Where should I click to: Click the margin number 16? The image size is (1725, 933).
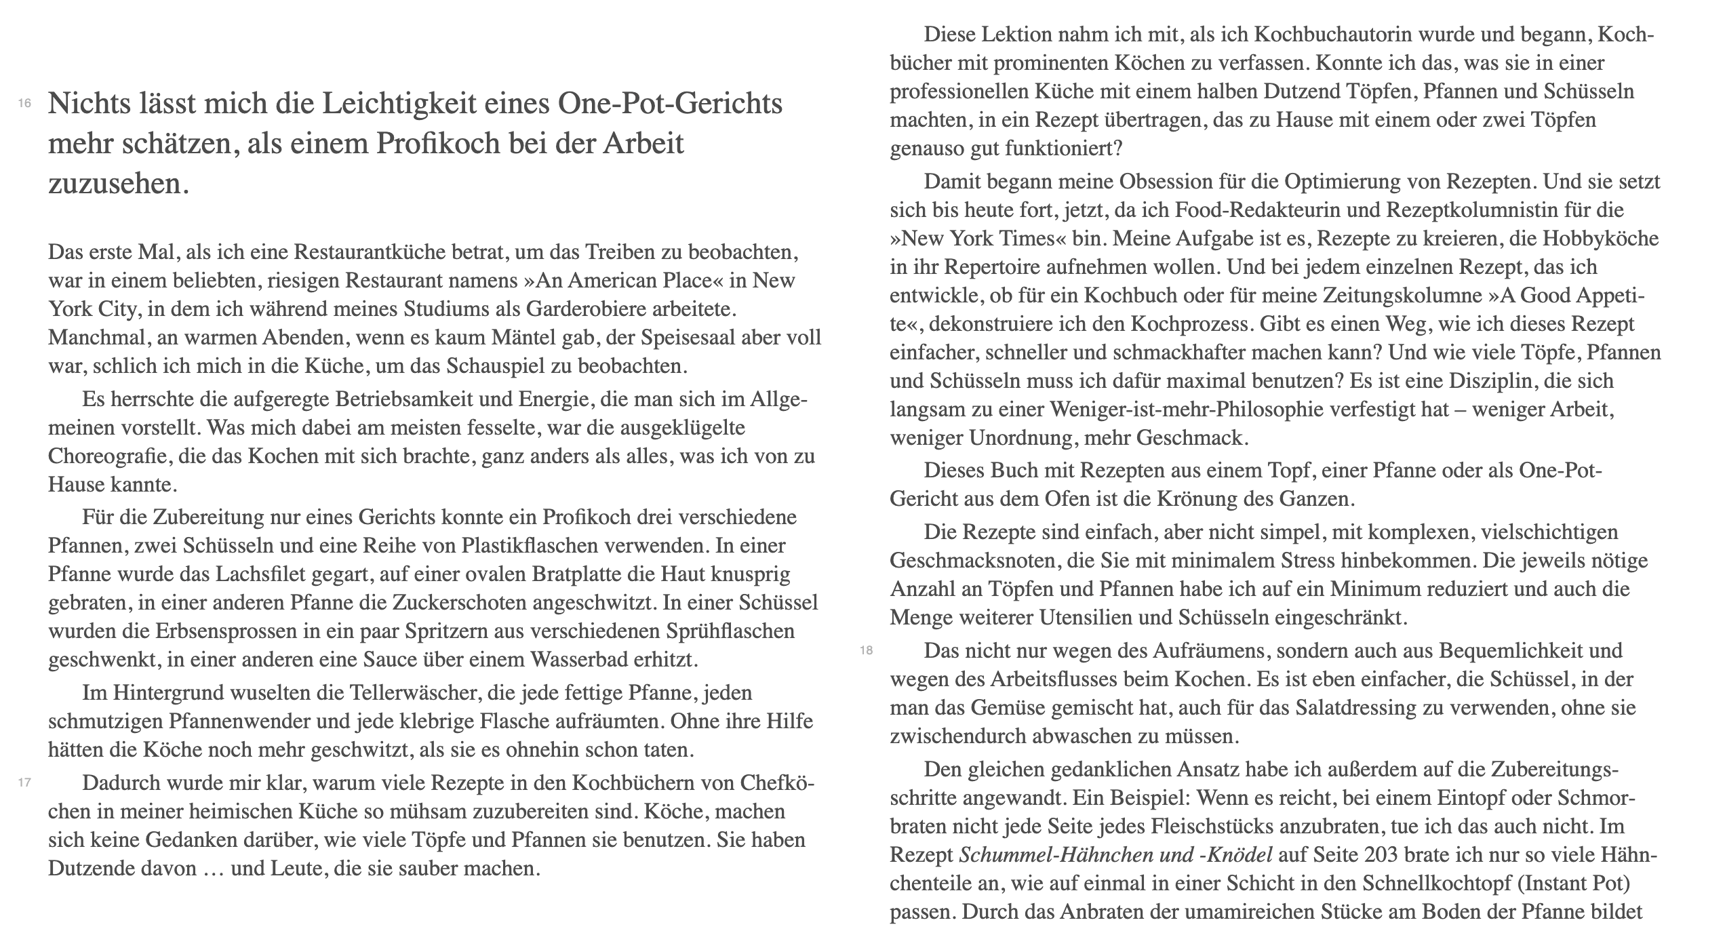[25, 104]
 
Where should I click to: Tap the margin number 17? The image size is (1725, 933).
[25, 782]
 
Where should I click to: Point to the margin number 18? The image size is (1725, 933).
[867, 651]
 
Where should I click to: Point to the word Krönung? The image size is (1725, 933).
[1218, 499]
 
